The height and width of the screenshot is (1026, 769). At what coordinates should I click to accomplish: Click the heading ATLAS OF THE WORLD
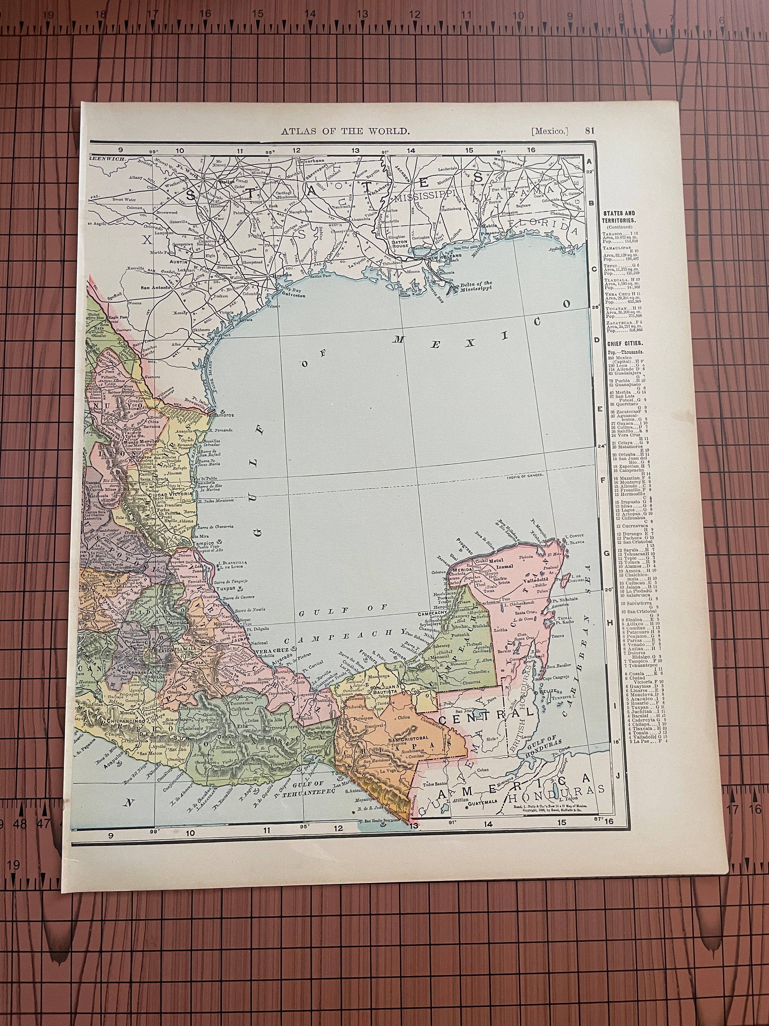click(x=345, y=131)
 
